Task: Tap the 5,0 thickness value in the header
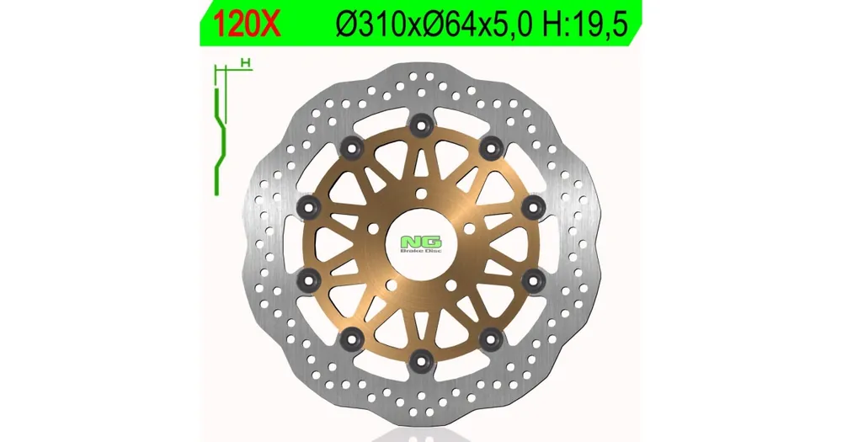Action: click(513, 24)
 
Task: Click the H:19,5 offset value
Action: click(585, 24)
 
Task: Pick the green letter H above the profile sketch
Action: click(247, 63)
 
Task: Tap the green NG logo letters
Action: click(421, 242)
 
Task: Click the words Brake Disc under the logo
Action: click(421, 252)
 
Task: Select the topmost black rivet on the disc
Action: click(420, 125)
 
